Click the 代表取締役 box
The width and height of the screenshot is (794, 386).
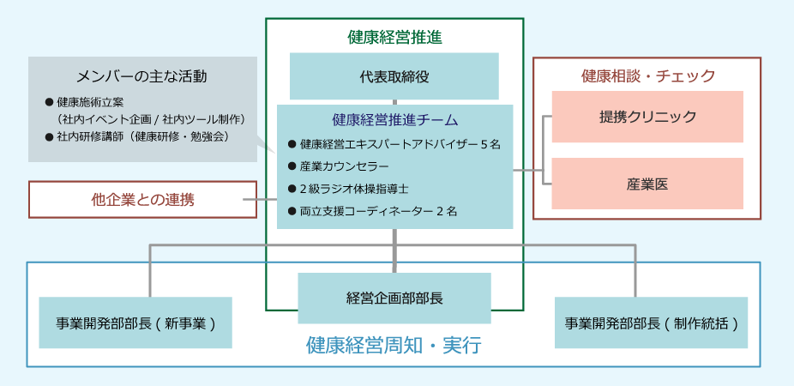tap(394, 76)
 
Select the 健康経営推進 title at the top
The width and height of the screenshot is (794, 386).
tap(394, 37)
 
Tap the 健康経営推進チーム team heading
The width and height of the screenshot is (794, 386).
tap(394, 120)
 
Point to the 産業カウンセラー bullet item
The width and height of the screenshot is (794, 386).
tap(345, 166)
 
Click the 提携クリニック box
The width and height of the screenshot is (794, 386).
tap(647, 117)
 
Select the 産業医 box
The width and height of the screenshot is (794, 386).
tap(647, 184)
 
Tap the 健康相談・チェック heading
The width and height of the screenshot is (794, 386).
tap(647, 76)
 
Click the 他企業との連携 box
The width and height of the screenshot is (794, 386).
tap(142, 200)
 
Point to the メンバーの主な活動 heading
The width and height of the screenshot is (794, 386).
tap(141, 75)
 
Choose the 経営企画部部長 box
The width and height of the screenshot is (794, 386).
tap(394, 298)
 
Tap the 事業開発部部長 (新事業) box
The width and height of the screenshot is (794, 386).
tap(135, 323)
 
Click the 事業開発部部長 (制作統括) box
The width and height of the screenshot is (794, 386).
tap(651, 323)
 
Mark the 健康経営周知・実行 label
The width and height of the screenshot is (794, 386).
tap(394, 346)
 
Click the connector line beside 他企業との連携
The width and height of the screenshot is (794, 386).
tap(267, 200)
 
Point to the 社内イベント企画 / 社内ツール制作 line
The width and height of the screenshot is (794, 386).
tap(151, 118)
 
